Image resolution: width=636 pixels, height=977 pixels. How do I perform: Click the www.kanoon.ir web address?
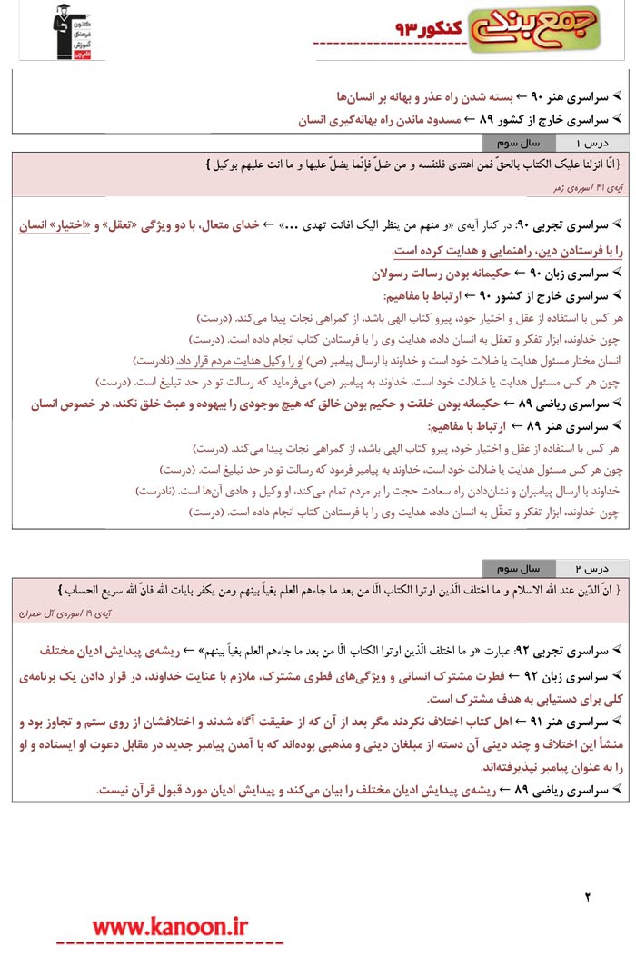tap(170, 926)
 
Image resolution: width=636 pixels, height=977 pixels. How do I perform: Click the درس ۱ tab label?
tap(591, 144)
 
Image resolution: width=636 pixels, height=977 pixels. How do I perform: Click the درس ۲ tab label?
tap(591, 569)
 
